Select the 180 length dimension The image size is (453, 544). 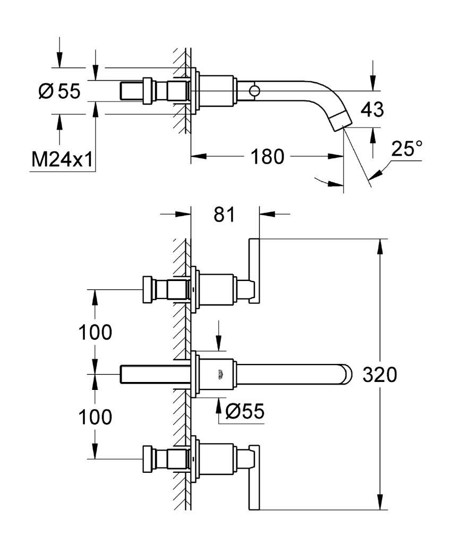267,157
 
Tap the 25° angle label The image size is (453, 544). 407,149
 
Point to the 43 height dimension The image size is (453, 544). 372,109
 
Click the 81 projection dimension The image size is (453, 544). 224,215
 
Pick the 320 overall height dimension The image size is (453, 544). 380,375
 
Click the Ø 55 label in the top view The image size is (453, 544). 59,91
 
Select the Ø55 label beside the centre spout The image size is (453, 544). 245,411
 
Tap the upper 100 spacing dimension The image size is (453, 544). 96,333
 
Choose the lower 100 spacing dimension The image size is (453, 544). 96,416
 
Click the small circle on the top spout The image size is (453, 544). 254,91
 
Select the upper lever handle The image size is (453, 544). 254,271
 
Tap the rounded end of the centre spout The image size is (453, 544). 347,375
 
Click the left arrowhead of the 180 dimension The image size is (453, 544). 199,157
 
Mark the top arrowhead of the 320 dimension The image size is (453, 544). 380,246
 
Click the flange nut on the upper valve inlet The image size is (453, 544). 148,290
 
